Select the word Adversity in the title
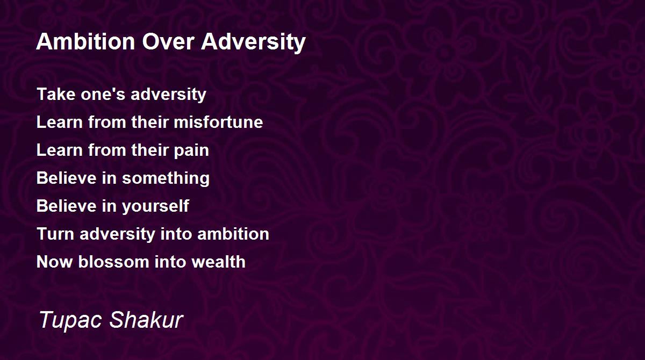click(x=254, y=42)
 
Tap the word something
click(x=166, y=178)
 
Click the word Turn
click(x=53, y=234)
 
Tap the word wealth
click(x=221, y=262)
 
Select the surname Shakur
click(x=146, y=320)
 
